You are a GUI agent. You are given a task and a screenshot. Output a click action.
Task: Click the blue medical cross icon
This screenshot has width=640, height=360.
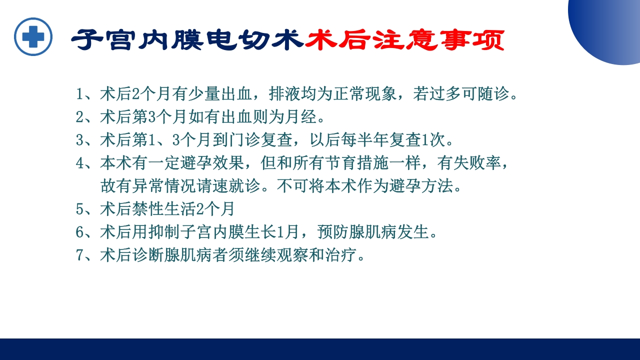pyautogui.click(x=33, y=37)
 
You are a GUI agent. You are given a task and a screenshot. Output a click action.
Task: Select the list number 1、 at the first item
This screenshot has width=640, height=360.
pyautogui.click(x=85, y=94)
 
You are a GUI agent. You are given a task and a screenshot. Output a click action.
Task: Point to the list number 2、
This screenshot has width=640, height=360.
pyautogui.click(x=85, y=117)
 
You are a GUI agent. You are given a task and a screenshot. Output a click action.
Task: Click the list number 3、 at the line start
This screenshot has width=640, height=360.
pyautogui.click(x=85, y=140)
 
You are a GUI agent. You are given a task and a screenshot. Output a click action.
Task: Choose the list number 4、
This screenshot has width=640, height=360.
pyautogui.click(x=85, y=163)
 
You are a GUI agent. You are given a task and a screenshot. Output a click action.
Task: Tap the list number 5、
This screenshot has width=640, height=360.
pyautogui.click(x=85, y=209)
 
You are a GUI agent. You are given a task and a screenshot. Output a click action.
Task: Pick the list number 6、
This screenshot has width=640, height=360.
pyautogui.click(x=85, y=232)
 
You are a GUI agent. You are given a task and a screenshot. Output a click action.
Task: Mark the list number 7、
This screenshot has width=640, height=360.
pyautogui.click(x=85, y=255)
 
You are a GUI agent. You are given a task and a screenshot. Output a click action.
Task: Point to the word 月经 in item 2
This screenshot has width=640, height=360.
pyautogui.click(x=305, y=117)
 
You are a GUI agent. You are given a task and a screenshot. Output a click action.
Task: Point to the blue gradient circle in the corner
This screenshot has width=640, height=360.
pyautogui.click(x=610, y=27)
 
